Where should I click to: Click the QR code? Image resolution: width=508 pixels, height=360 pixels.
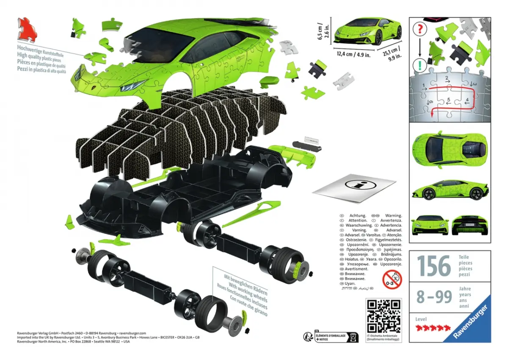tap(383, 316)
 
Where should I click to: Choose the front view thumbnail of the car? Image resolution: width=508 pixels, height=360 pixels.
tap(430, 224)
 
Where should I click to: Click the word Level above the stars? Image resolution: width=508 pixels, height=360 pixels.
tap(421, 319)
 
